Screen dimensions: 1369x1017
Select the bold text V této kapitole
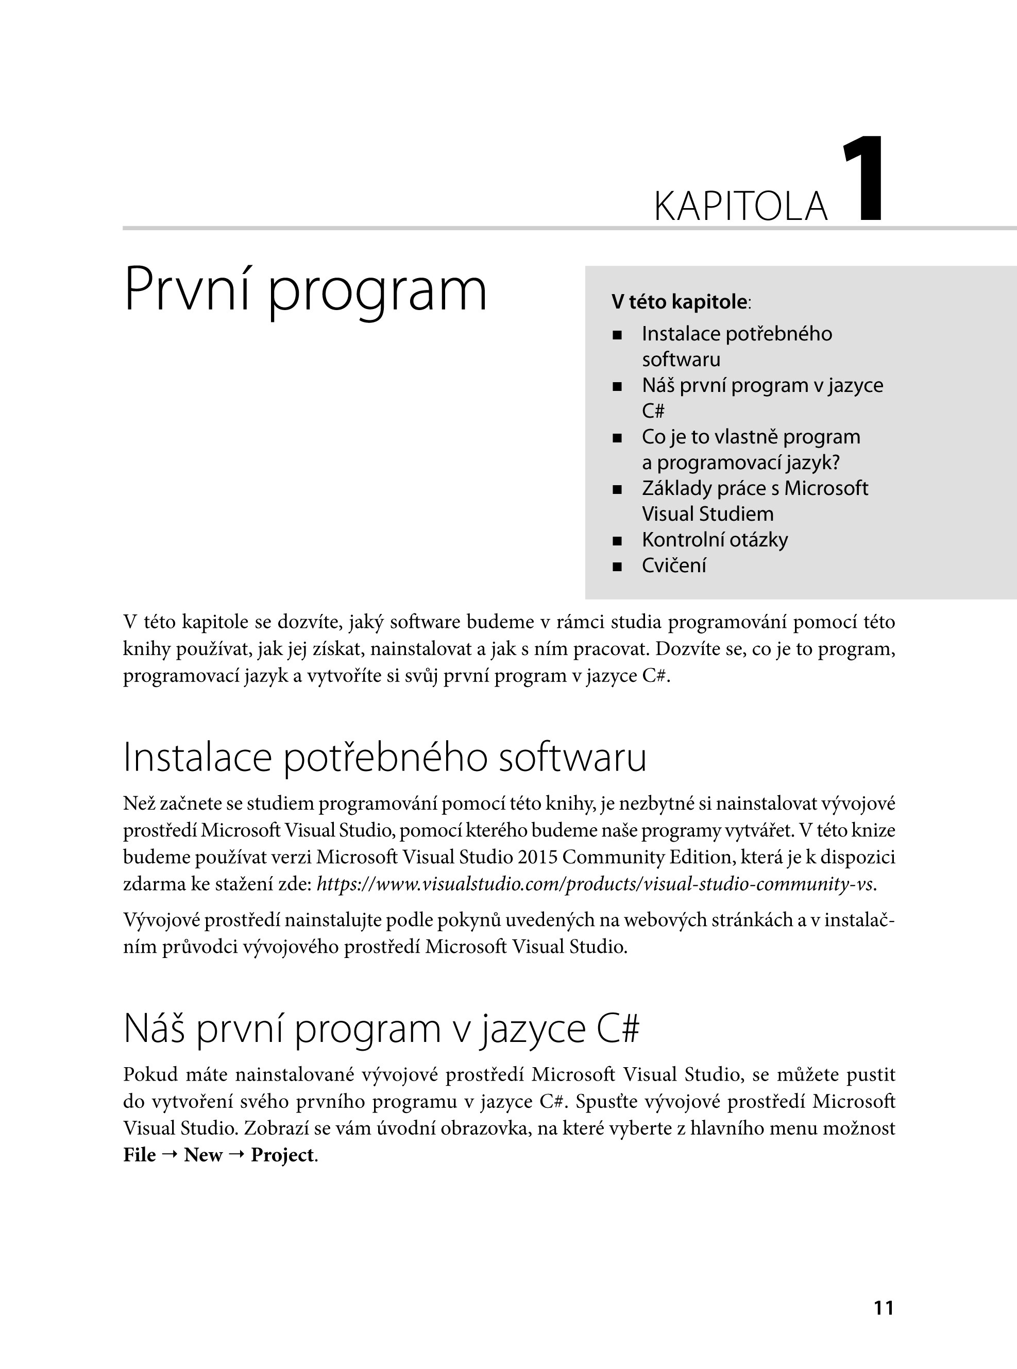pyautogui.click(x=679, y=302)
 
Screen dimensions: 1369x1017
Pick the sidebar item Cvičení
pyautogui.click(x=673, y=566)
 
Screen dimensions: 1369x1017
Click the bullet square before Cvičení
pyautogui.click(x=617, y=567)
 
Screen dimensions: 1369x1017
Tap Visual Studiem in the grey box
pyautogui.click(x=707, y=514)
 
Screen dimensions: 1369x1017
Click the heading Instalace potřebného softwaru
pyautogui.click(x=385, y=758)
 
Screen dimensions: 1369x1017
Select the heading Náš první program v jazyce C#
pyautogui.click(x=382, y=1028)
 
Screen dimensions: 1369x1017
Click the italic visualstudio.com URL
pyautogui.click(x=595, y=884)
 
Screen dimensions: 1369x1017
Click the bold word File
pyautogui.click(x=139, y=1155)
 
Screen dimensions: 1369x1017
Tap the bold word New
pyautogui.click(x=202, y=1155)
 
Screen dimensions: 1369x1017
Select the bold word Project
pyautogui.click(x=282, y=1155)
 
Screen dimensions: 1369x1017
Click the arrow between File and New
pyautogui.click(x=170, y=1155)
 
